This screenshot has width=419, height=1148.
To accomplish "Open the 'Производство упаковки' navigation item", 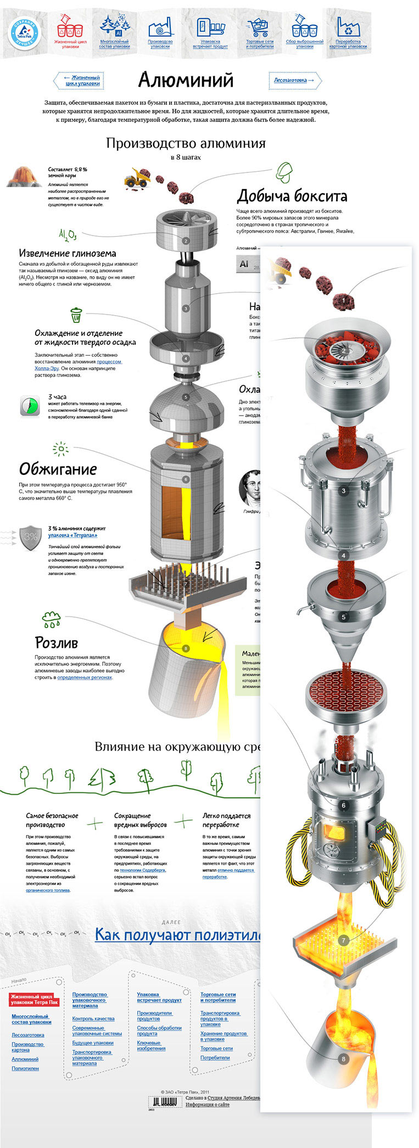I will (x=160, y=33).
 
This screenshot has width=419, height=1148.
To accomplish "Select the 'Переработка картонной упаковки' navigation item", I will (x=348, y=33).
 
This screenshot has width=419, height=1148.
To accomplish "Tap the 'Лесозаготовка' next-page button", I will (x=294, y=80).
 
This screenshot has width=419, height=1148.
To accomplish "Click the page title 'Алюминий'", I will (x=186, y=80).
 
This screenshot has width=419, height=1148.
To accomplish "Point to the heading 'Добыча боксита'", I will (x=292, y=196).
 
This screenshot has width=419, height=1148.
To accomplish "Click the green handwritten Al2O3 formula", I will (x=68, y=236).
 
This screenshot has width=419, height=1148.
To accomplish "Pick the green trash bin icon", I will (x=76, y=315).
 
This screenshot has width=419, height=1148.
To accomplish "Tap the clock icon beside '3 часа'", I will (x=31, y=406).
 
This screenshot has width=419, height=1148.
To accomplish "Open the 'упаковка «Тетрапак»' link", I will (x=72, y=535).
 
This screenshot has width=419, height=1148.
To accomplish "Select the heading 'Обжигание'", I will (x=58, y=469).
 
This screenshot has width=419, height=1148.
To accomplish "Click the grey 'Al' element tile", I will (x=244, y=264).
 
